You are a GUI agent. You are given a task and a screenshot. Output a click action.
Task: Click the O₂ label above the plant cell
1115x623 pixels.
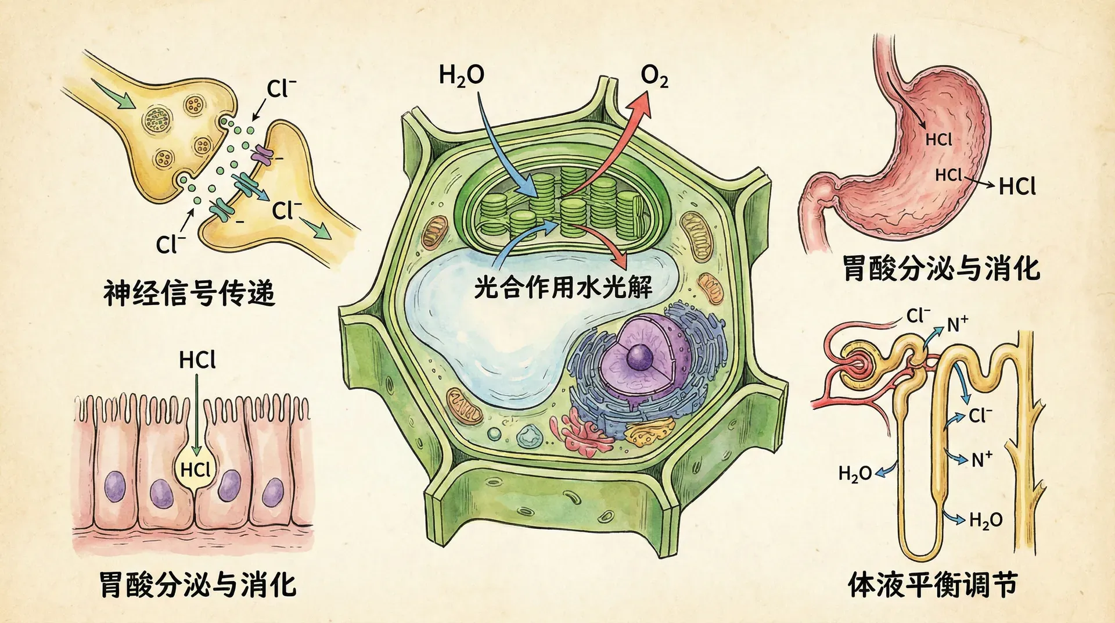click(654, 77)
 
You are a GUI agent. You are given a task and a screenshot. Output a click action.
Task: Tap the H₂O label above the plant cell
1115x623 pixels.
click(462, 76)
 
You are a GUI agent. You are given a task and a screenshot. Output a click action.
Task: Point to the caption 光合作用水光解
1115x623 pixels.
click(563, 287)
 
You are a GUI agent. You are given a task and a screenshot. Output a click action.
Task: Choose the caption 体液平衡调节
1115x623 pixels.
click(933, 584)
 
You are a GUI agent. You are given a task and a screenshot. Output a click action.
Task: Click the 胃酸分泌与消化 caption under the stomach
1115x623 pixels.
click(941, 268)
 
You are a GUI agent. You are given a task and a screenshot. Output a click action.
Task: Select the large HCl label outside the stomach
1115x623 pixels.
click(1017, 186)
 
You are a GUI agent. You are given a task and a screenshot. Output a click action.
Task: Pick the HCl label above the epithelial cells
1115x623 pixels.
click(197, 360)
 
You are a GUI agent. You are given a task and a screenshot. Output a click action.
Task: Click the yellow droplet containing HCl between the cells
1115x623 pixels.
click(196, 468)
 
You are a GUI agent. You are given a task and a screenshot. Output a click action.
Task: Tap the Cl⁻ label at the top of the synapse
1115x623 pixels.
click(281, 89)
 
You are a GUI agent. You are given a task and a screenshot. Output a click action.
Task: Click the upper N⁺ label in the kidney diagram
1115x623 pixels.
click(958, 324)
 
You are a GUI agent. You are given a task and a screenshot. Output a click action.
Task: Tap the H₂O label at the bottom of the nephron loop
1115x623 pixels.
click(985, 520)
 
